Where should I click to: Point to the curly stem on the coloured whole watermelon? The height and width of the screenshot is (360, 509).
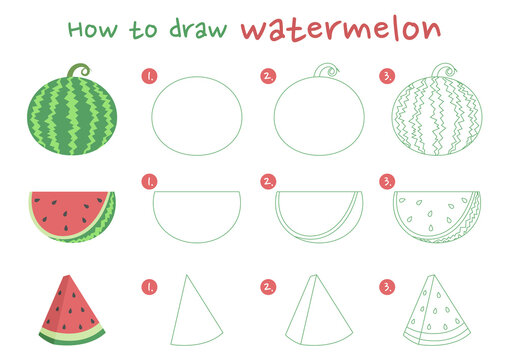[78, 71]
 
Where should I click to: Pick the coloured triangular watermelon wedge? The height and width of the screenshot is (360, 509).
[72, 309]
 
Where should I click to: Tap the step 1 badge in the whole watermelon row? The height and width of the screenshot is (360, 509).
[150, 76]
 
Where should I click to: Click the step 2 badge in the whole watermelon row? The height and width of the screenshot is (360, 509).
[268, 76]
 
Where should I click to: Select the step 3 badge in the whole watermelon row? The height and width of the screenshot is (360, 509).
[386, 76]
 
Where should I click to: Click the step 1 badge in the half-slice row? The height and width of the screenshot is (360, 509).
[150, 181]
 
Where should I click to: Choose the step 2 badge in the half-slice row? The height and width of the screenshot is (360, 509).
[268, 181]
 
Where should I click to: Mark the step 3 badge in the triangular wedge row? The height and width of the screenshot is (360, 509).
[386, 287]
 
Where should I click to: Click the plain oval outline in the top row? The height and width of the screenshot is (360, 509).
[197, 117]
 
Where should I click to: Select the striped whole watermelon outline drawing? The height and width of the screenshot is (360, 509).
[437, 117]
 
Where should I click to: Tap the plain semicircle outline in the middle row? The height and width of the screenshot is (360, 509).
[197, 212]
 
